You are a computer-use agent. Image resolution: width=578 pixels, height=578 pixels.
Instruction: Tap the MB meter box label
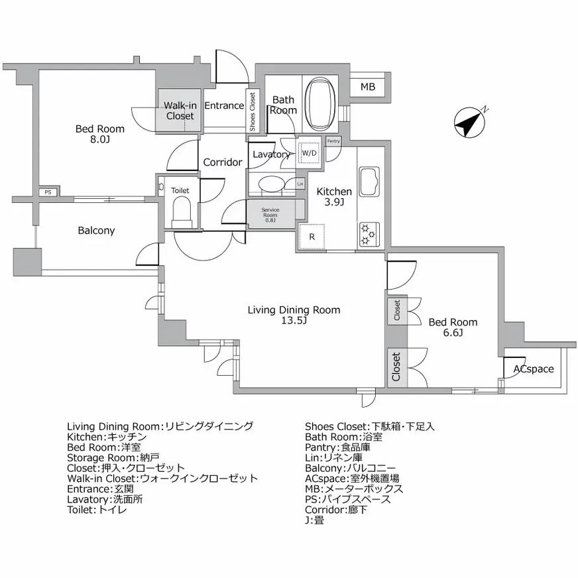368,87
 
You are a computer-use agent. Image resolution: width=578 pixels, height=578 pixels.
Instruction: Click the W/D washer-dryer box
310,153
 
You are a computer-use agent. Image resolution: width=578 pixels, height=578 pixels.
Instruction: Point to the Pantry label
333,141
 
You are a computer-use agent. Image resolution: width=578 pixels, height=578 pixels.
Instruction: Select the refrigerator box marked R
311,237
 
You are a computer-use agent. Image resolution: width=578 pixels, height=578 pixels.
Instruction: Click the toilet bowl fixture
180,211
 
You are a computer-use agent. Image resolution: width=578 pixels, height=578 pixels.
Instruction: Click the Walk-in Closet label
180,110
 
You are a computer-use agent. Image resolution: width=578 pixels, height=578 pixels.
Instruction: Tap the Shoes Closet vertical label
253,111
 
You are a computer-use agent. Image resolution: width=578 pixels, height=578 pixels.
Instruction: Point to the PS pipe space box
47,192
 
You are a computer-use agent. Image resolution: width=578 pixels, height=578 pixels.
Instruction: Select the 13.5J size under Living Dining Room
294,321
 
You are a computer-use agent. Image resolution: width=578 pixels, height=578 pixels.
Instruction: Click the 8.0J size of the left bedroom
99,140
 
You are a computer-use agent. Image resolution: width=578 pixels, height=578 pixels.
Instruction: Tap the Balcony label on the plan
96,231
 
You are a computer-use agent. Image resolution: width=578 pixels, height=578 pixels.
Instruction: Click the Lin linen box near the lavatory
300,184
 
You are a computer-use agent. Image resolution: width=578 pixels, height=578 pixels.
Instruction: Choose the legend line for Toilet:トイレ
97,510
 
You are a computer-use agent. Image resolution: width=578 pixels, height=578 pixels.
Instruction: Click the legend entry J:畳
314,520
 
